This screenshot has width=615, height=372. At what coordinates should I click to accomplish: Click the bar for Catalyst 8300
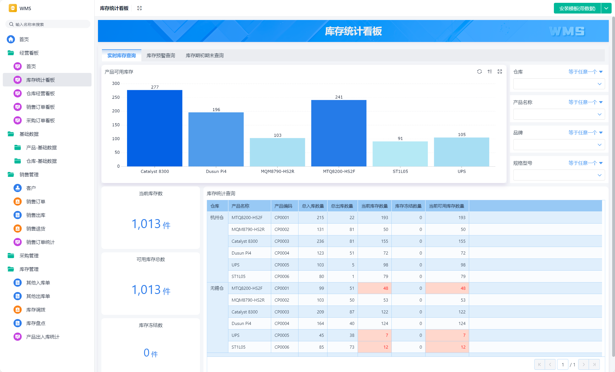coord(155,128)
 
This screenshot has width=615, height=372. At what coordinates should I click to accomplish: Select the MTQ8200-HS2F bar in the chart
coord(339,133)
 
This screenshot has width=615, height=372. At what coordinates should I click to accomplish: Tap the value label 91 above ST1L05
coord(400,139)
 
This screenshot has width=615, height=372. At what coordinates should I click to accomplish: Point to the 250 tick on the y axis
coord(116,97)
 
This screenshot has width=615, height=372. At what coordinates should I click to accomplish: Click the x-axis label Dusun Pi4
coord(216,171)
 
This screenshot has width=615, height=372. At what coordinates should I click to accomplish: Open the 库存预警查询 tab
coord(161,55)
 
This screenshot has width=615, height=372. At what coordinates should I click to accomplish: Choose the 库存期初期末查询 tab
coord(205,55)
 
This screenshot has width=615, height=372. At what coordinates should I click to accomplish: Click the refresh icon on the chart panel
coord(479,72)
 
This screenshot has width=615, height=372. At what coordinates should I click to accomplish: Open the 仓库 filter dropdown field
coord(559,84)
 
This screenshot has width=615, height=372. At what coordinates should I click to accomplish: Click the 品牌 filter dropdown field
coord(559,145)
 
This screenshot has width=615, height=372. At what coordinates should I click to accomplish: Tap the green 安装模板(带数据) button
coord(577,8)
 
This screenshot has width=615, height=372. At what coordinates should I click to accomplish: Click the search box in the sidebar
coord(48,24)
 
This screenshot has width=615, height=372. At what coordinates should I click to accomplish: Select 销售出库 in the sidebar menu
coord(36,215)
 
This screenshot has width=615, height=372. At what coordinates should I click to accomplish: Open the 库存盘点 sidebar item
coord(36,323)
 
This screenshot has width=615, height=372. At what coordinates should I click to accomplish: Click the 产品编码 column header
coord(283,206)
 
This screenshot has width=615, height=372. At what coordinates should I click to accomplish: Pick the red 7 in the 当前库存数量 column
coord(387,335)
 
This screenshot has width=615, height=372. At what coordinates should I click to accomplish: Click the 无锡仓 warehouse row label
coord(217,288)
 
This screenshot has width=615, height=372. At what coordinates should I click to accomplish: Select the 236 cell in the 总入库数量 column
coord(320,241)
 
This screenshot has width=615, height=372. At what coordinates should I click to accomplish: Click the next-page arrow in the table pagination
coord(583,364)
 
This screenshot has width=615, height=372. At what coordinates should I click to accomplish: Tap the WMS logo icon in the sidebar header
coord(13,8)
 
